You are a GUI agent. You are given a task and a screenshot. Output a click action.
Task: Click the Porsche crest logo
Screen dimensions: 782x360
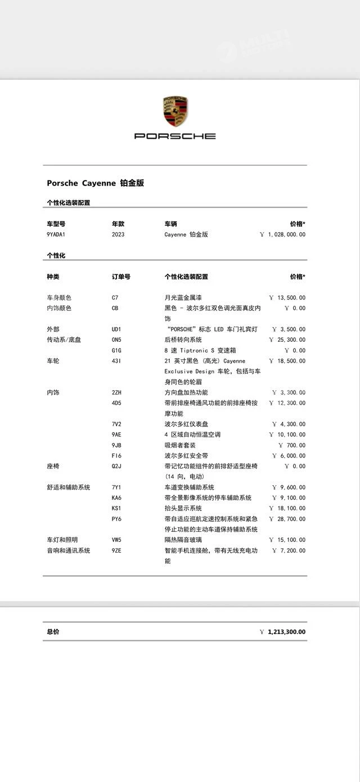175,111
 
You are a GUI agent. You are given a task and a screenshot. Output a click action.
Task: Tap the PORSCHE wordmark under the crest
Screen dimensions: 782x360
175,136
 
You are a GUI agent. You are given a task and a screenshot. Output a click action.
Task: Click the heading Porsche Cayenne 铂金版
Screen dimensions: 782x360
95,183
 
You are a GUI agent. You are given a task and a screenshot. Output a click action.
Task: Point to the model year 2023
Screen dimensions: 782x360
118,234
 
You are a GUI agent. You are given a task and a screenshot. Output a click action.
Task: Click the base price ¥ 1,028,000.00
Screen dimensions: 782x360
283,234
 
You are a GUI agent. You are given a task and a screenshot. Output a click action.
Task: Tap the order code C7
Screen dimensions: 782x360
115,297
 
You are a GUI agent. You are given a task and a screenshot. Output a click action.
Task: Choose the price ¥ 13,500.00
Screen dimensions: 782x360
287,297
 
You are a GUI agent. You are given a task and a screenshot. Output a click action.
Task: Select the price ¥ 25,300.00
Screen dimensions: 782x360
287,340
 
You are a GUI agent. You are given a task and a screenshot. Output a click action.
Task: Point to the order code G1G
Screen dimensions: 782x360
116,350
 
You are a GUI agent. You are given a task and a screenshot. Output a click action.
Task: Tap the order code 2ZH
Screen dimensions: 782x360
116,392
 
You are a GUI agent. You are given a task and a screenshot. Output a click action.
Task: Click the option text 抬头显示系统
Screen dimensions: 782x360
183,508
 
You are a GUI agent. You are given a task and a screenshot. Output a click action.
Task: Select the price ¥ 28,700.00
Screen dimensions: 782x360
287,519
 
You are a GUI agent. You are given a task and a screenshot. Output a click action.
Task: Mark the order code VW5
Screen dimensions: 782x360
117,540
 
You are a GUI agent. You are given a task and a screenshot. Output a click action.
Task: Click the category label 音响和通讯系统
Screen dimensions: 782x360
68,550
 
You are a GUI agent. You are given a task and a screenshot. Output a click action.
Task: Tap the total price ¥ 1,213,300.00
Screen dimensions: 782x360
283,632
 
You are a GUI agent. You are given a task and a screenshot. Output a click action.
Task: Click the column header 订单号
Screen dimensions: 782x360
121,277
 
